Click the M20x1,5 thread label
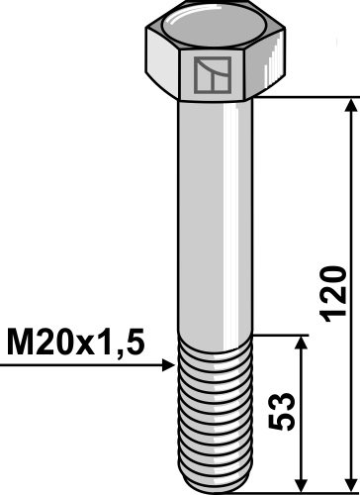point(75,342)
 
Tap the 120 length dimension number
point(333,294)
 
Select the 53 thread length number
point(281,411)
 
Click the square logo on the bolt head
point(212,75)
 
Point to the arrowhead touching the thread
point(169,365)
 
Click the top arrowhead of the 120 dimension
point(351,105)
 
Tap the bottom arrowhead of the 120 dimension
point(351,484)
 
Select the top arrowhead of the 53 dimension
point(301,343)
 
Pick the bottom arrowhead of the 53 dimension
point(301,484)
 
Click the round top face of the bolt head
point(214,27)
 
